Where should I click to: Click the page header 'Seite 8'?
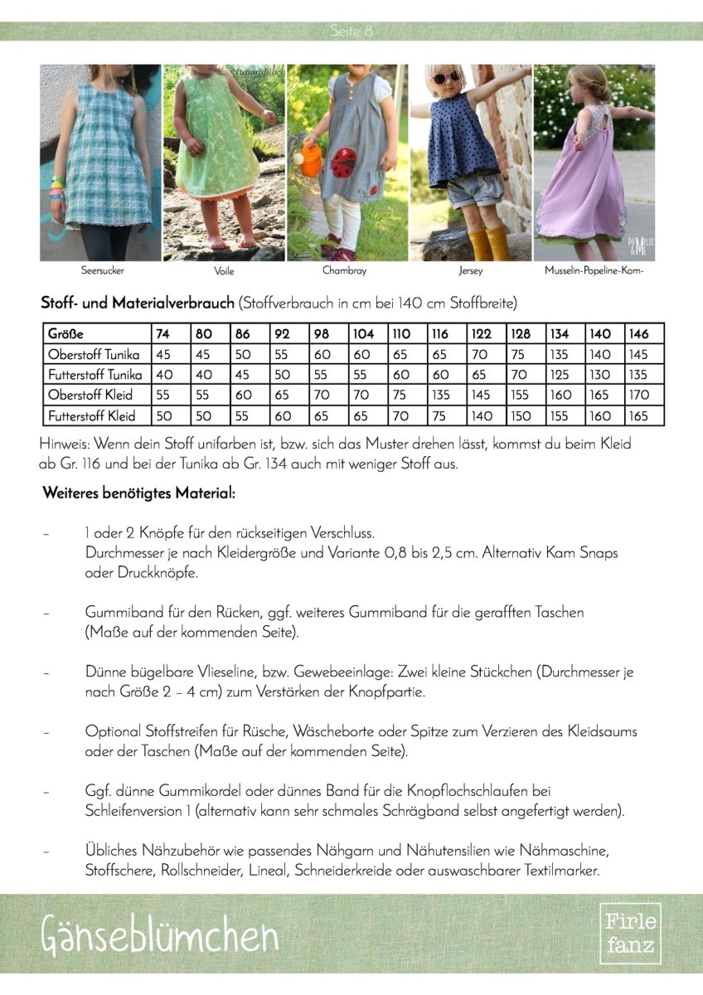pyautogui.click(x=351, y=32)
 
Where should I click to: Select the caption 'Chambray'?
pyautogui.click(x=344, y=270)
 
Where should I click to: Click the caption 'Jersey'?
pyautogui.click(x=470, y=270)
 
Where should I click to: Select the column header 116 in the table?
pyautogui.click(x=439, y=333)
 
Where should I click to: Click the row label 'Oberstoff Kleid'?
pyautogui.click(x=90, y=395)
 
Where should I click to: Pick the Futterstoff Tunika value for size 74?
pyautogui.click(x=163, y=374)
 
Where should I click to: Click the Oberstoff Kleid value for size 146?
pyautogui.click(x=639, y=395)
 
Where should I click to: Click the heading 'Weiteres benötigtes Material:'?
pyautogui.click(x=138, y=493)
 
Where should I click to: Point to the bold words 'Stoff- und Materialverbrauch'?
pyautogui.click(x=138, y=303)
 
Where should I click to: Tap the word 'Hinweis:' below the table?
pyautogui.click(x=64, y=444)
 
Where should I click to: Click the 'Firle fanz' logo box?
pyautogui.click(x=630, y=933)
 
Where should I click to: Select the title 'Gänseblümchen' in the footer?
pyautogui.click(x=159, y=935)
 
